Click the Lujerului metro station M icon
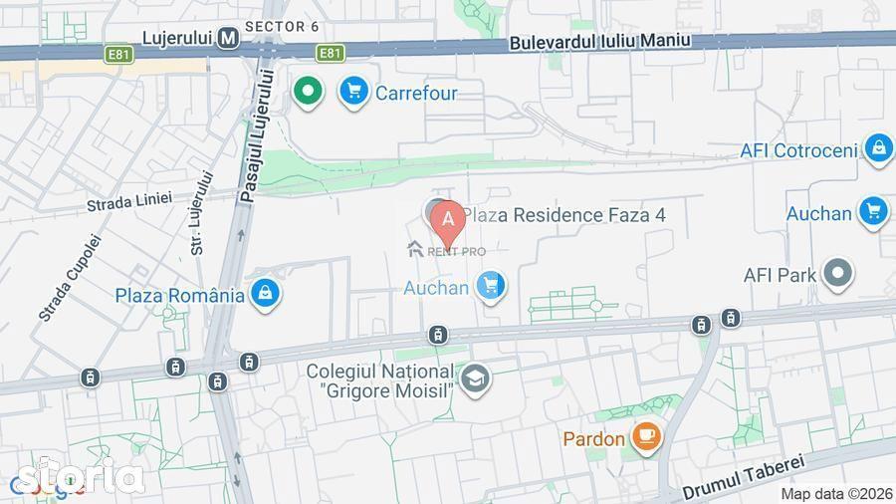pos(229,38)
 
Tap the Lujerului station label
pos(178,38)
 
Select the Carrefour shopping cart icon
pos(352,92)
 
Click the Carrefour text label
pos(416,93)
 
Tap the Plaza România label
pos(179,295)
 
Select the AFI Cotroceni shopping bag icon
pos(878,149)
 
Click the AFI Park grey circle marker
pos(839,274)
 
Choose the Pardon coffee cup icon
pos(646,437)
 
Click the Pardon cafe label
pos(593,438)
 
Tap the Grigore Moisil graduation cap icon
pos(475,378)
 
